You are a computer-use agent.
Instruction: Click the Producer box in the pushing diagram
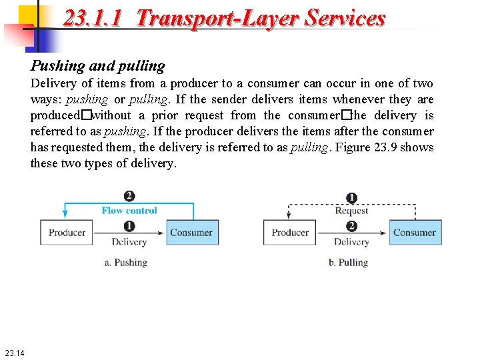coord(67,233)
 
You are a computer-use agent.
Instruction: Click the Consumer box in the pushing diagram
coord(191,233)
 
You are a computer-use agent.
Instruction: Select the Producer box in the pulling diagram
coord(290,233)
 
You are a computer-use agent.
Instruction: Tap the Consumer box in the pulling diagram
coord(414,233)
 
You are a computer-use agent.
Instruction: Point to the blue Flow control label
coord(129,211)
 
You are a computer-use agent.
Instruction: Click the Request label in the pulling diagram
coord(351,211)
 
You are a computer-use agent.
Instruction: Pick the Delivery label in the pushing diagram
coord(129,242)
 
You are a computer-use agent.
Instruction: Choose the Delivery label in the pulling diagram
coord(351,242)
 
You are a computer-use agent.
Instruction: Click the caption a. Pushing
coord(126,263)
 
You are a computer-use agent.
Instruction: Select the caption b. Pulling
coord(348,263)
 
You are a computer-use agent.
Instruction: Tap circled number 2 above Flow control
coord(129,197)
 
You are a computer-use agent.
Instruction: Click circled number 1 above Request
coord(352,198)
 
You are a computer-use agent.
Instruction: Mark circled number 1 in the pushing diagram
coord(129,227)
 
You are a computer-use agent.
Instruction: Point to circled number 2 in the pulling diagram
coord(352,227)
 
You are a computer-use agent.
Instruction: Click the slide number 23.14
coord(14,353)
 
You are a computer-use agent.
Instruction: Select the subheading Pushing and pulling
coord(97,66)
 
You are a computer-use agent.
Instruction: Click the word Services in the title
coord(345,18)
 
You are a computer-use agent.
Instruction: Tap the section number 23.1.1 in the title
coord(93,18)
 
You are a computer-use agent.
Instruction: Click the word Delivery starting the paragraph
coord(53,83)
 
